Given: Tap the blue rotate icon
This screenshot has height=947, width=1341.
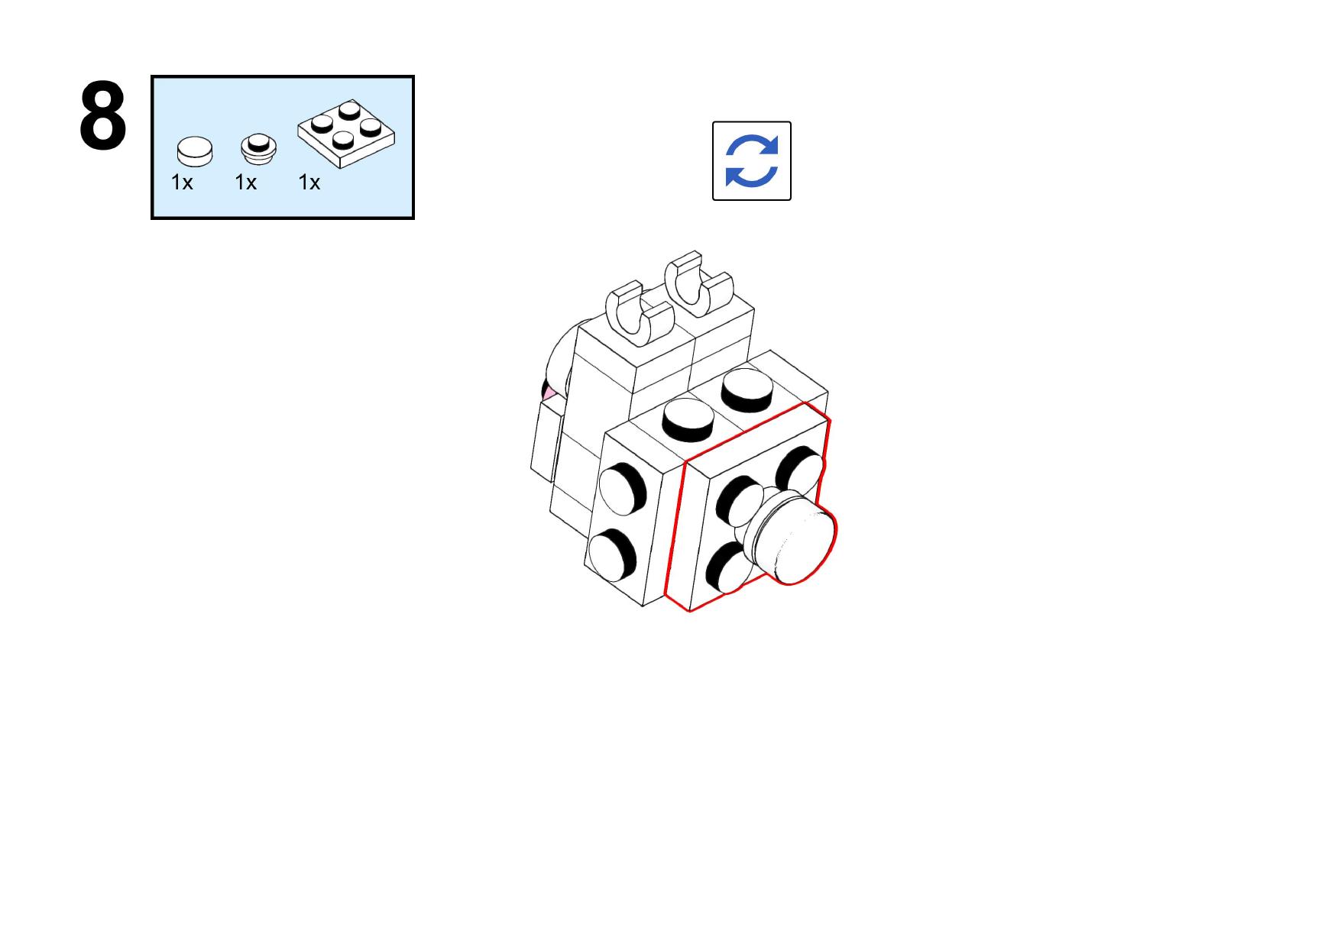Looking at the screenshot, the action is click(x=751, y=160).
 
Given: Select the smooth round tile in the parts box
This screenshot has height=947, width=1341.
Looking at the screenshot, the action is click(x=195, y=150).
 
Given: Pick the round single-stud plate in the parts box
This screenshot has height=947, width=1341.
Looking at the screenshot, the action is click(x=258, y=147).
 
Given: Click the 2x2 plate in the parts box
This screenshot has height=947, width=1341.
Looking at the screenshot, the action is click(x=346, y=134).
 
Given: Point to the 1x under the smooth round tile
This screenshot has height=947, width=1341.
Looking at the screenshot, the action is click(x=182, y=183).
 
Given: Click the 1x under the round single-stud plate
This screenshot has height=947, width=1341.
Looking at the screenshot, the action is click(x=245, y=183).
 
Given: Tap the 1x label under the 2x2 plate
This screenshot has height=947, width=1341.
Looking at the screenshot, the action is click(x=309, y=183).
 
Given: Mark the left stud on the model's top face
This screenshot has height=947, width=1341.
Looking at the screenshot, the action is click(x=688, y=419).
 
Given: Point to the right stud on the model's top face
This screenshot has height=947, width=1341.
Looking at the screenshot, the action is click(x=747, y=389).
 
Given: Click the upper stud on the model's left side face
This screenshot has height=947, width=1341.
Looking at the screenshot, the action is click(x=623, y=488).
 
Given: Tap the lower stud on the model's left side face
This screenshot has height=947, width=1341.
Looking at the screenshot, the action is click(x=613, y=553).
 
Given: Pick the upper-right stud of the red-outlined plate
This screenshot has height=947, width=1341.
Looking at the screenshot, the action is click(x=799, y=467).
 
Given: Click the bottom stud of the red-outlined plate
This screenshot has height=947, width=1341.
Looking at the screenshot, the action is click(x=730, y=567).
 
